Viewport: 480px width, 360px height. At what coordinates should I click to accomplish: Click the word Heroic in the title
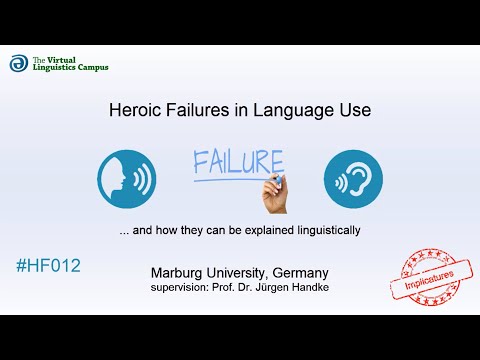coord(132,111)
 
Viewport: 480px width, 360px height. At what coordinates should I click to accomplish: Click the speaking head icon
coord(126,181)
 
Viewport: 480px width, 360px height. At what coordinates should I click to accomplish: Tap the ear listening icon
coord(353,180)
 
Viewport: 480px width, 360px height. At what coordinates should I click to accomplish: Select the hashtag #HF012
coord(48,266)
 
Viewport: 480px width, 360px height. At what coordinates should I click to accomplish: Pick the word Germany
coord(299,272)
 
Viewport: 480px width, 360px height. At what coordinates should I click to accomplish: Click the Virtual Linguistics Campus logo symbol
coord(18,63)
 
